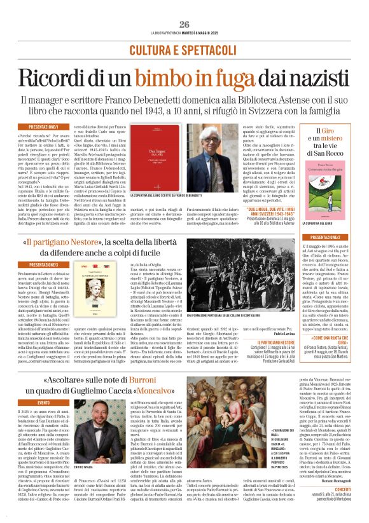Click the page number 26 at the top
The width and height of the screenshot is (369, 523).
(184, 24)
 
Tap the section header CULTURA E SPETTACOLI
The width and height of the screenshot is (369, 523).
(184, 49)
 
